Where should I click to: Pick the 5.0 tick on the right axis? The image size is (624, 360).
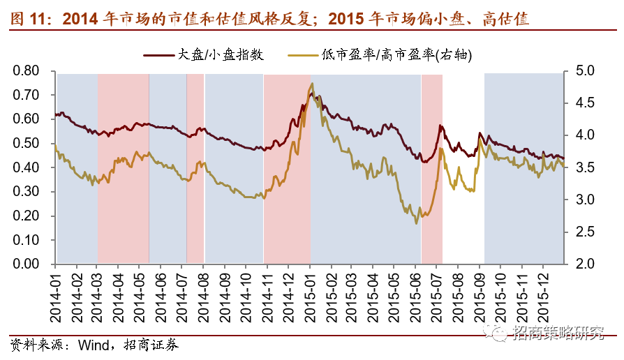[584, 70]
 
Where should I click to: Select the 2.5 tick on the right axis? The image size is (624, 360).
[584, 232]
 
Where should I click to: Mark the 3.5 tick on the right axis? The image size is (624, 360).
[584, 167]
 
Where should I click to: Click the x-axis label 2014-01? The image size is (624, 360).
[57, 296]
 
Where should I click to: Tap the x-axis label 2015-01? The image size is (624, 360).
[311, 296]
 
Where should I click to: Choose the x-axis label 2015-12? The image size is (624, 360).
[545, 296]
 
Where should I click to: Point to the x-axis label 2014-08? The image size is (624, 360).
[204, 296]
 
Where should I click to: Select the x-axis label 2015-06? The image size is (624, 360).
[417, 296]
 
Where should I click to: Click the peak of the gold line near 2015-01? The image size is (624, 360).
[312, 84]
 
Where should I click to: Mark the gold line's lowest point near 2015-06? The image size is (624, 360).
[417, 223]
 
